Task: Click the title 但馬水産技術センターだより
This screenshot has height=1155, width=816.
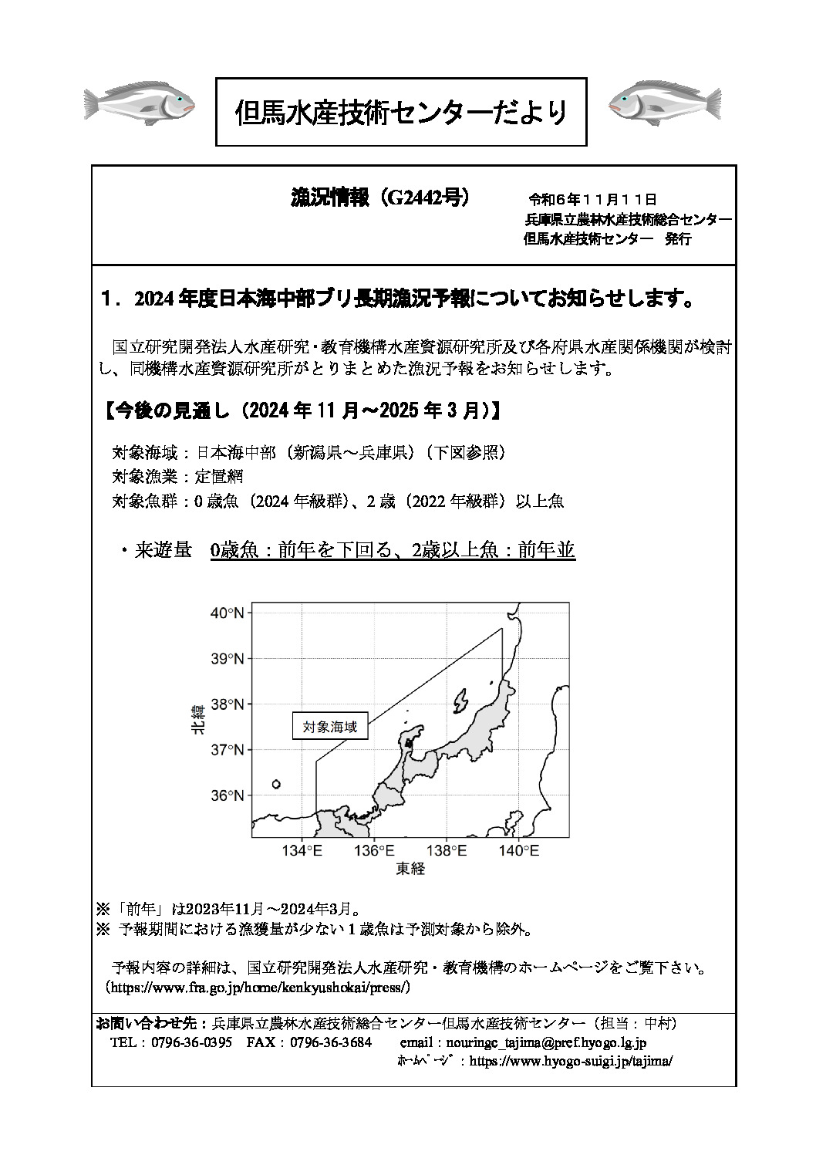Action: pyautogui.click(x=401, y=113)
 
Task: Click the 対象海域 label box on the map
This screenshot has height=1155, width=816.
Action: pyautogui.click(x=330, y=726)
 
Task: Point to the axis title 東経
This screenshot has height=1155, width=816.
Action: pyautogui.click(x=410, y=870)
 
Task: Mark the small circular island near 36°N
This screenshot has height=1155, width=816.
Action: pyautogui.click(x=276, y=784)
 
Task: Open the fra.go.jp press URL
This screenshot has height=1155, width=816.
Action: pyautogui.click(x=261, y=987)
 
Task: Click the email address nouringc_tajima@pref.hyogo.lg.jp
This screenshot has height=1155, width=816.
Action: pyautogui.click(x=523, y=1042)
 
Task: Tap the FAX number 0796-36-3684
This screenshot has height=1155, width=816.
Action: pyautogui.click(x=330, y=1042)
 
